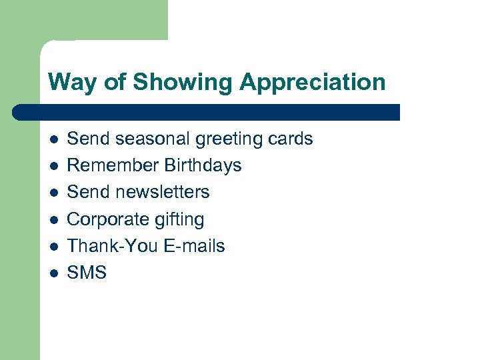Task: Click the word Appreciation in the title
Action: [x=312, y=83]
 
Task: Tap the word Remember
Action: [x=108, y=165]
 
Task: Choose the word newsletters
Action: [x=162, y=192]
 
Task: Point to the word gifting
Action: [x=179, y=219]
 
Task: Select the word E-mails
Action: [x=194, y=246]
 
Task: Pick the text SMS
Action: [x=87, y=273]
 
